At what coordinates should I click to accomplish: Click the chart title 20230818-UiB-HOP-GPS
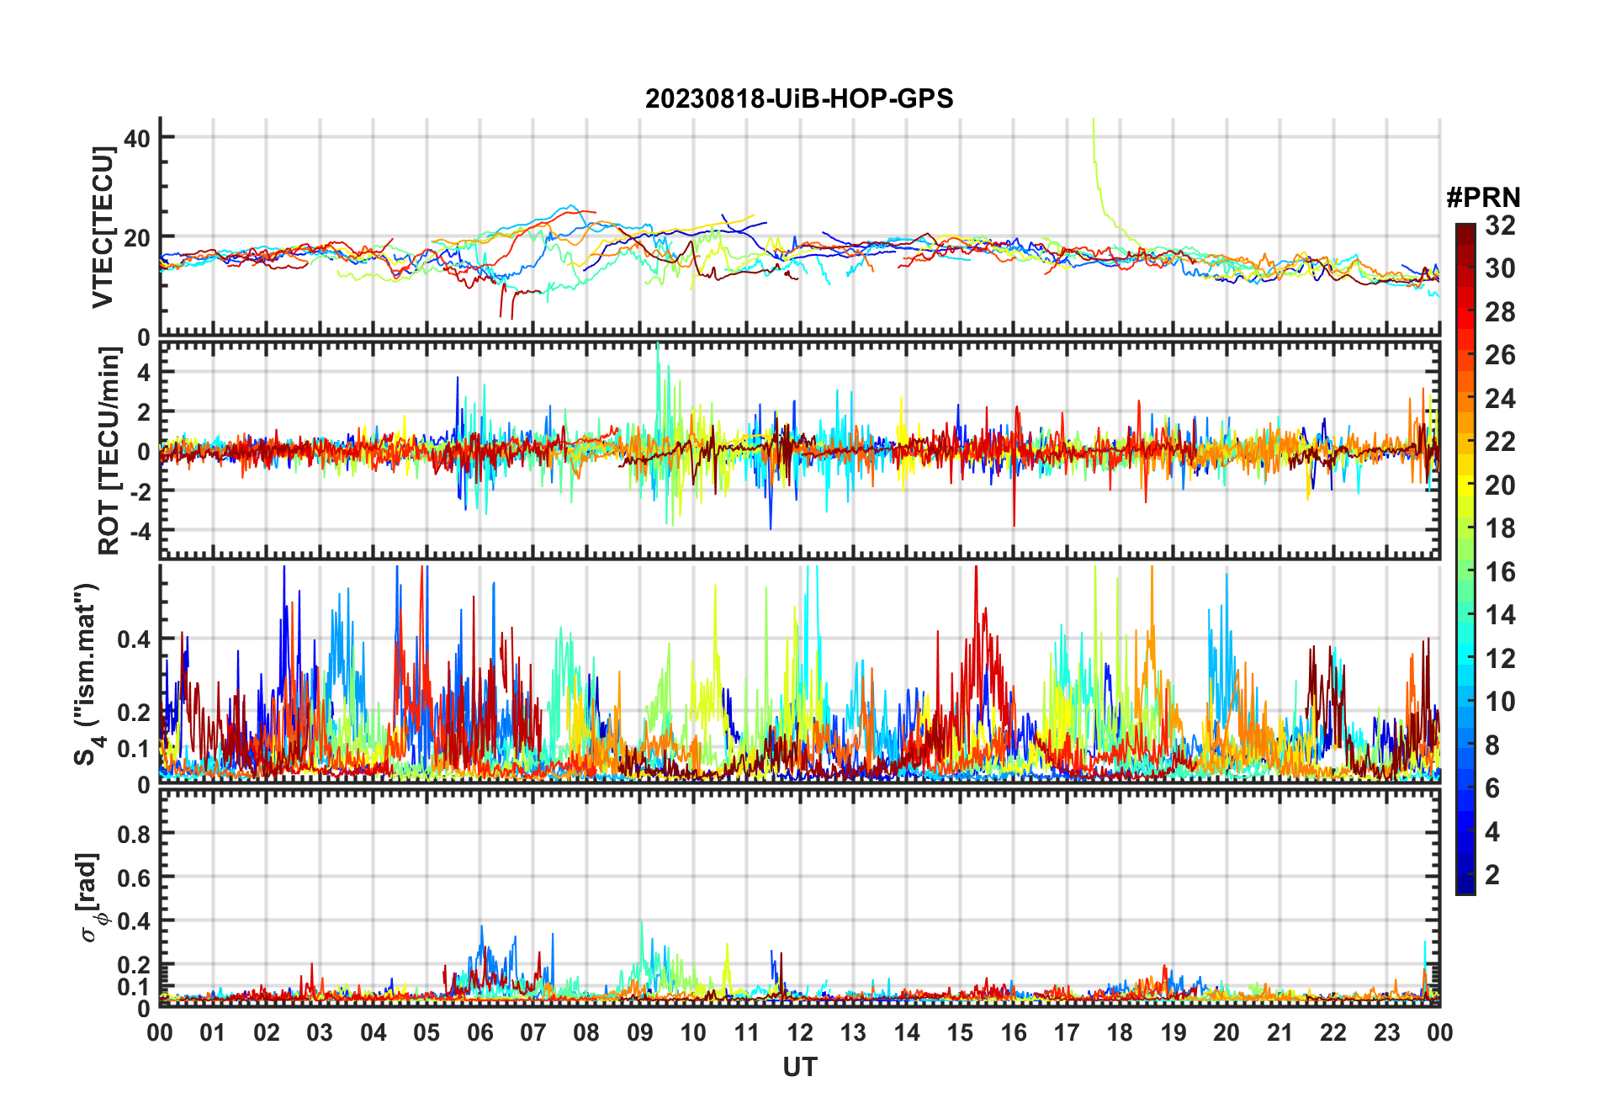click(799, 99)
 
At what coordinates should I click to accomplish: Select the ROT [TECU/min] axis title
click(109, 451)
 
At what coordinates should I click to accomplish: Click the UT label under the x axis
click(799, 1068)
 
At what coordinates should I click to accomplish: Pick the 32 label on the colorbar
click(1500, 225)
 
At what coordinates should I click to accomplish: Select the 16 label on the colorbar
click(1500, 572)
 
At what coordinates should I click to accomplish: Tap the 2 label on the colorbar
click(1492, 875)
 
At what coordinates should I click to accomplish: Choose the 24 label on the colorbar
click(1500, 399)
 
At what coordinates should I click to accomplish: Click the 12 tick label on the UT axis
click(799, 1033)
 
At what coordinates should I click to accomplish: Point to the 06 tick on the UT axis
click(479, 1033)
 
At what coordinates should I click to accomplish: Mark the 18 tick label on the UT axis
click(1120, 1033)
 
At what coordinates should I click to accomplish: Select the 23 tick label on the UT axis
click(1386, 1033)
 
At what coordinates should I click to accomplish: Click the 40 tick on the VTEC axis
click(137, 138)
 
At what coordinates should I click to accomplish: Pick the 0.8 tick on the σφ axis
click(135, 835)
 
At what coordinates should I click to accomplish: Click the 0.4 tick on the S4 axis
click(135, 639)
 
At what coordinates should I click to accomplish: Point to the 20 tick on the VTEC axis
click(137, 238)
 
